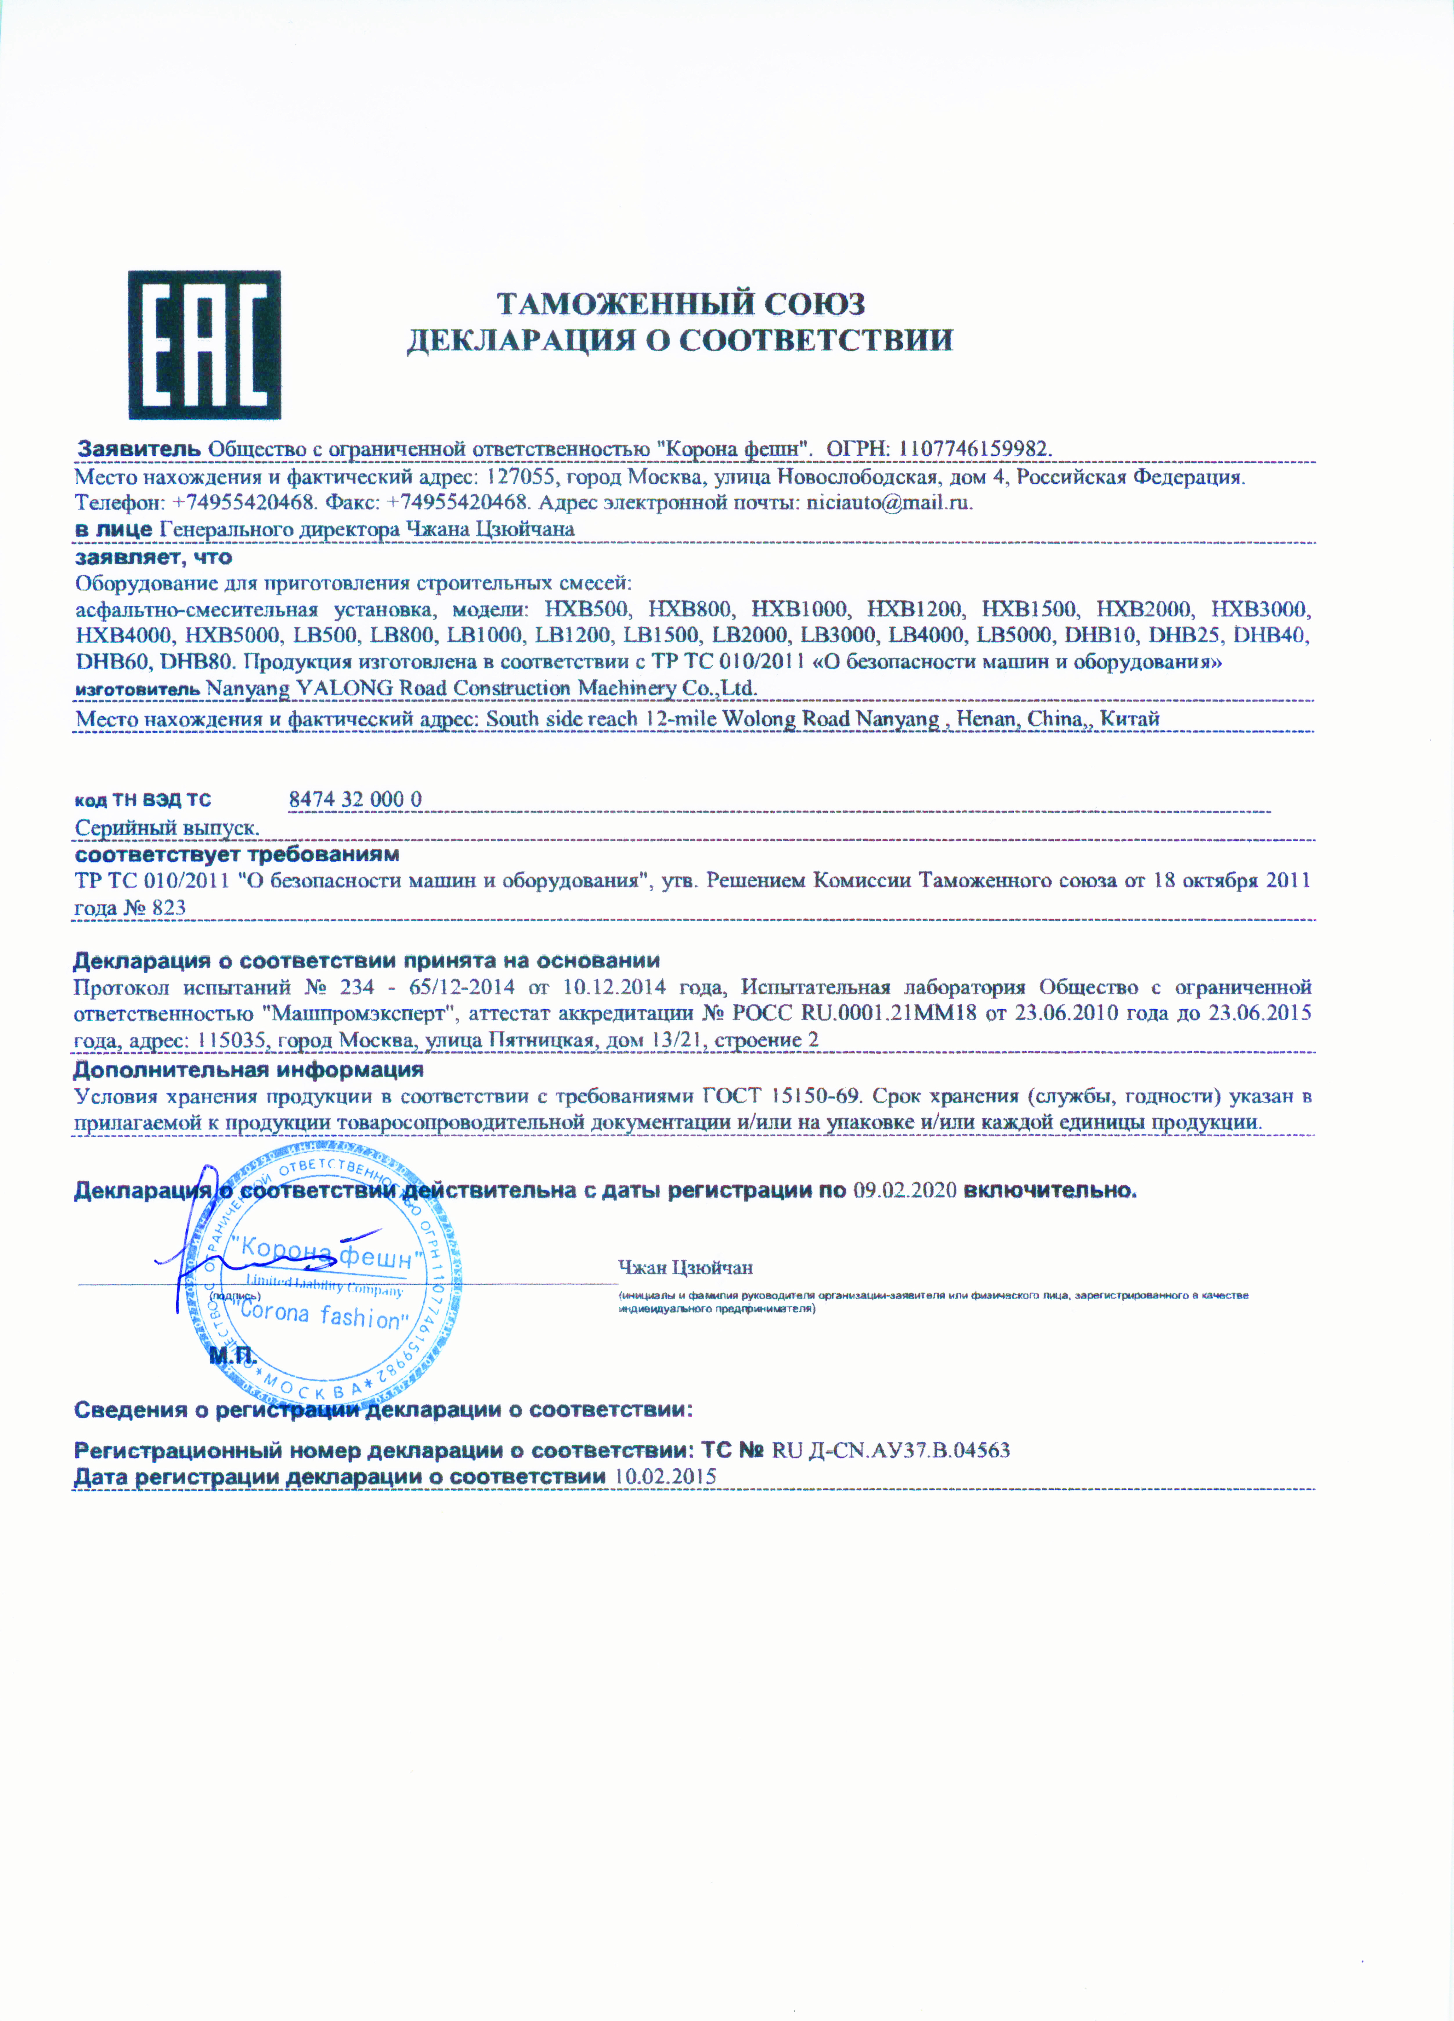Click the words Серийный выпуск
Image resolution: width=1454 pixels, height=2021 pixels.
pos(167,828)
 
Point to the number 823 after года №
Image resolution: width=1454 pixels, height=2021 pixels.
pos(169,908)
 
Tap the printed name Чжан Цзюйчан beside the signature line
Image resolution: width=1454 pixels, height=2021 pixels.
pos(685,1267)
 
